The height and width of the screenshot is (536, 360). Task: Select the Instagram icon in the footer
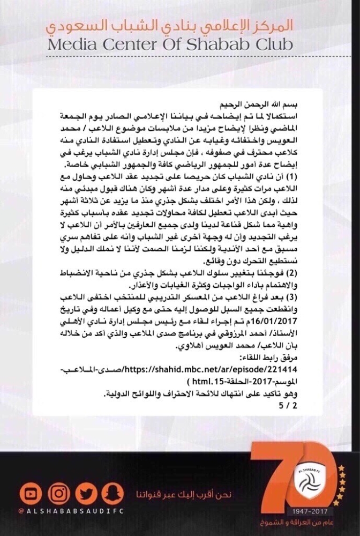pos(58,494)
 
